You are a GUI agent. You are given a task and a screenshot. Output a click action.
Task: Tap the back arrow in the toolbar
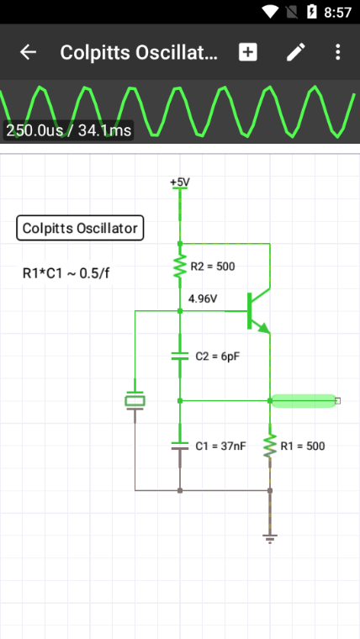[x=28, y=52]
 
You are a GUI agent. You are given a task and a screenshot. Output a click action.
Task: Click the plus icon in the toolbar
[x=248, y=52]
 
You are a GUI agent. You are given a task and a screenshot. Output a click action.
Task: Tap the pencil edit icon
[x=295, y=52]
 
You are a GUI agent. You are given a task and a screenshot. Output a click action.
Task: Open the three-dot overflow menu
[x=337, y=52]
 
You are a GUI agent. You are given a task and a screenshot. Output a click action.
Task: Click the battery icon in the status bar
[x=311, y=12]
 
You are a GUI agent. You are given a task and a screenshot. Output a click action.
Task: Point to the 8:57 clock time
[x=337, y=13]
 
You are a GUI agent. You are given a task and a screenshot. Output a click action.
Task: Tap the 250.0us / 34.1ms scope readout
[x=68, y=130]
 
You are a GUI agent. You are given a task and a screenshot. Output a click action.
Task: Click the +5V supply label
[x=180, y=182]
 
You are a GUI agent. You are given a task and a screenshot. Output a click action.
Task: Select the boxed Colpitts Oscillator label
[x=80, y=228]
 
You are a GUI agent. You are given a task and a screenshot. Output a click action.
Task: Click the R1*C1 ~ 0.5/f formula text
[x=66, y=273]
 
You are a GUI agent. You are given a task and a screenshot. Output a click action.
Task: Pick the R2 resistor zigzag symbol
[x=180, y=267]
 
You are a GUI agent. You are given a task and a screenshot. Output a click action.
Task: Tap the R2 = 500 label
[x=213, y=267]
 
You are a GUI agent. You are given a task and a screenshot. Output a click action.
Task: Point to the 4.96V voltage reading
[x=203, y=299]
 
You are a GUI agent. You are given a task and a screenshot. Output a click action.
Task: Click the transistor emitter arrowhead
[x=264, y=327]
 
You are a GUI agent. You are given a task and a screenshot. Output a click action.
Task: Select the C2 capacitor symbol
[x=180, y=356]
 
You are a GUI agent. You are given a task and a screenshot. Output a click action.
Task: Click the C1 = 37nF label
[x=220, y=446]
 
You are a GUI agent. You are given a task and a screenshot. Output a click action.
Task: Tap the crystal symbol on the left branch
[x=135, y=401]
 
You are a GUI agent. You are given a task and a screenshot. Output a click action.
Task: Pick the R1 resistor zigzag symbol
[x=269, y=446]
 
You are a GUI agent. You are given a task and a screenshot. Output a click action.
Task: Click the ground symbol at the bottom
[x=269, y=539]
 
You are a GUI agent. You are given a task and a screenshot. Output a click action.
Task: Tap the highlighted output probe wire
[x=304, y=401]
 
